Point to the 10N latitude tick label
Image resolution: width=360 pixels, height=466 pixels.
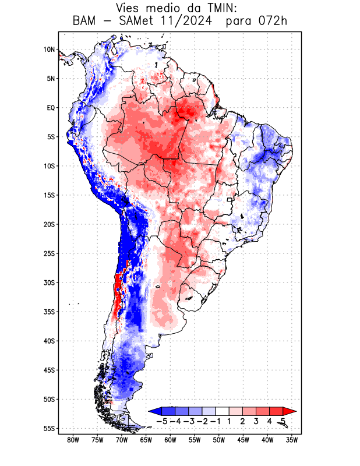click(49, 50)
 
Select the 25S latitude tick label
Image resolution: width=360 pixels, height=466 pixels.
click(48, 253)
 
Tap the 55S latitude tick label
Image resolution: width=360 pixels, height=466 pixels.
click(48, 428)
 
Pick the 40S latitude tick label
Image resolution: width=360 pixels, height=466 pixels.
click(48, 341)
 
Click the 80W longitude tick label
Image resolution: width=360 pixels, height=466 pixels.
click(73, 440)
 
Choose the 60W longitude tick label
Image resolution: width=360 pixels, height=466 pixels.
click(170, 440)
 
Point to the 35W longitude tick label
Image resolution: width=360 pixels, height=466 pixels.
click(292, 440)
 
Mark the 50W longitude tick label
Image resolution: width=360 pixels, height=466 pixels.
click(218, 440)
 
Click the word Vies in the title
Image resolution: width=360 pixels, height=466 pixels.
click(129, 8)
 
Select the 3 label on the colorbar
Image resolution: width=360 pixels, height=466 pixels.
click(256, 421)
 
